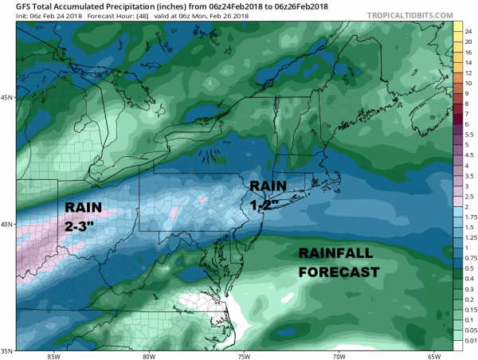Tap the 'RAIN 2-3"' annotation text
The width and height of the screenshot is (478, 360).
point(84,216)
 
